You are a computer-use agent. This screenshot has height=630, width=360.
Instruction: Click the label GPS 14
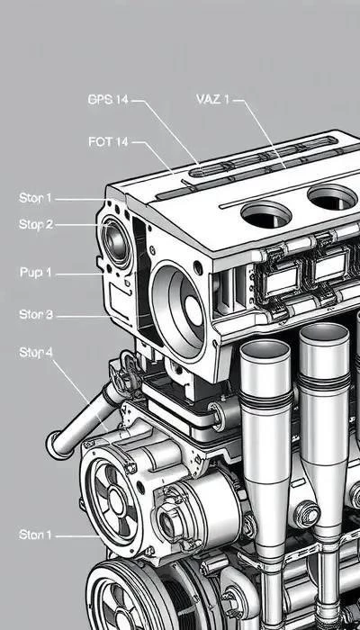tap(108, 100)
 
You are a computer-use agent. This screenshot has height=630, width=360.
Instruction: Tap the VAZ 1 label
tap(212, 99)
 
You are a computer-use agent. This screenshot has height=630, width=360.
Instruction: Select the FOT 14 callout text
tap(108, 142)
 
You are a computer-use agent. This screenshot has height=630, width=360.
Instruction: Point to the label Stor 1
tap(35, 198)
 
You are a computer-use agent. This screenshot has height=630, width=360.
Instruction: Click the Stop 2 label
tap(36, 224)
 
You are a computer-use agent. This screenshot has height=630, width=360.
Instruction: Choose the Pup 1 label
tap(35, 273)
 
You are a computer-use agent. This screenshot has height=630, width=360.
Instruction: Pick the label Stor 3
tap(36, 314)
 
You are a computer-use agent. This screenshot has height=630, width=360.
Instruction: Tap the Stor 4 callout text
tap(36, 353)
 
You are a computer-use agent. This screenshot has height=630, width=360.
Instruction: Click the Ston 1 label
tap(35, 535)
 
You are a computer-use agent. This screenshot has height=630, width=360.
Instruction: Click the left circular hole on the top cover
tap(265, 214)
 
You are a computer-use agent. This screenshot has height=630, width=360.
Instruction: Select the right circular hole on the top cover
tap(332, 198)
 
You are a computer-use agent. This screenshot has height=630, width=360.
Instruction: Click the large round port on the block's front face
tap(178, 309)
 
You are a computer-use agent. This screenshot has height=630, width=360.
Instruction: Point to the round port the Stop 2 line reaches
tap(116, 242)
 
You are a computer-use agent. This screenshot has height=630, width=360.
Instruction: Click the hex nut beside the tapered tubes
tap(307, 514)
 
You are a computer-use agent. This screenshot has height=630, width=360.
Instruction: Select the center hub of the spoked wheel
tap(116, 502)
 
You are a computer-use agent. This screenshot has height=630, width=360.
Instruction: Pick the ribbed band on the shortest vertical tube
tap(266, 399)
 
